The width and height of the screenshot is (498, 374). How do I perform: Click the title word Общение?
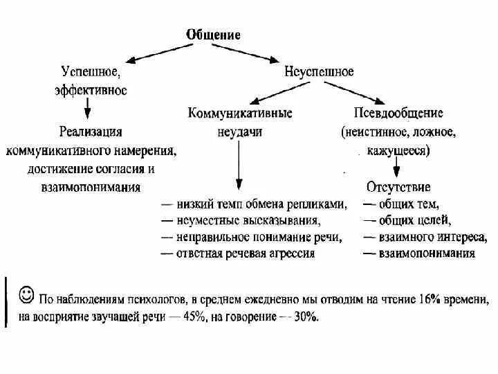[x=213, y=35]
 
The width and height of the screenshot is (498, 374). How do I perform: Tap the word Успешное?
[x=91, y=73]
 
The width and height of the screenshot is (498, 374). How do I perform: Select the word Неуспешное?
[x=319, y=72]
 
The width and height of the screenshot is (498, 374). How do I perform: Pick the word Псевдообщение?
[x=398, y=113]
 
